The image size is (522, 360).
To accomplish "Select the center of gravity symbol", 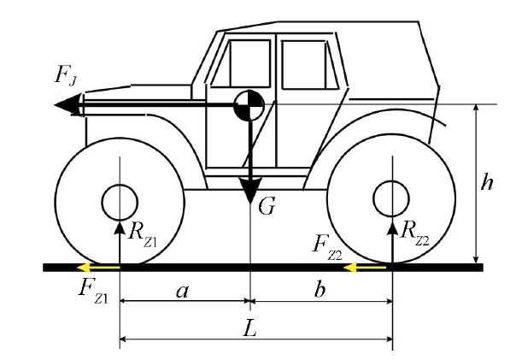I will [x=249, y=105].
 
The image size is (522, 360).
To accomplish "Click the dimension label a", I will [x=181, y=291].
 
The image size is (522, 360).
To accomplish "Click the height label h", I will [x=487, y=183].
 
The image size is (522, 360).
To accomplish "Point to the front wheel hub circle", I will [x=120, y=203].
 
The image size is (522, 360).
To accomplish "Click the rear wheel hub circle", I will [x=392, y=198].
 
